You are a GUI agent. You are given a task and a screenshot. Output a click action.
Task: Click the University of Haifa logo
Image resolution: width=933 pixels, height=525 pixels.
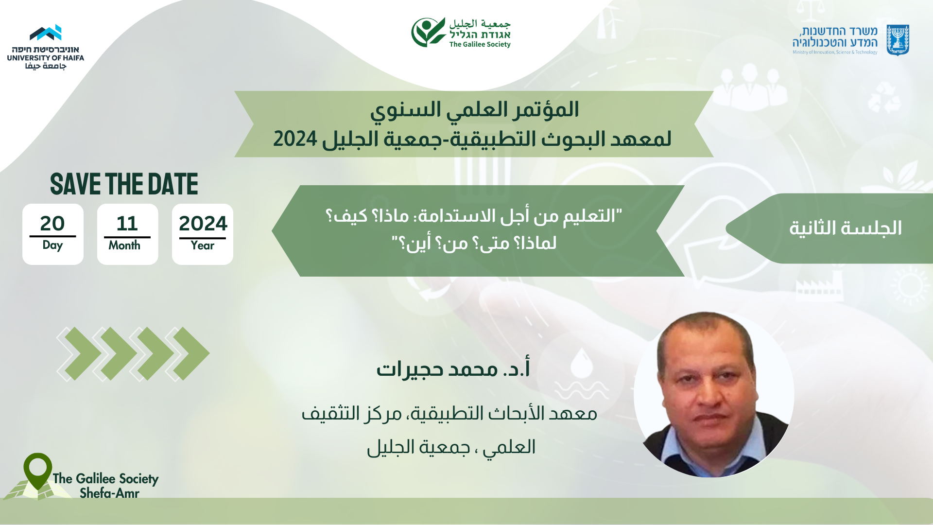point(46,47)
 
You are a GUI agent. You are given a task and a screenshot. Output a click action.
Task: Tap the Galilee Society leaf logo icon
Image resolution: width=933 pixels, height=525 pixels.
point(428,32)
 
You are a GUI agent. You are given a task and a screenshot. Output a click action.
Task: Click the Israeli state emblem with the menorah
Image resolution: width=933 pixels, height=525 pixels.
point(898,40)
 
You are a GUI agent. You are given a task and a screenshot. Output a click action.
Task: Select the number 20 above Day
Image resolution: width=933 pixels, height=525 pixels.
point(52,224)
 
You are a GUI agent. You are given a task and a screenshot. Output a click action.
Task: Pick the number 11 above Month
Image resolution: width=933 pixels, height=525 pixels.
point(127,224)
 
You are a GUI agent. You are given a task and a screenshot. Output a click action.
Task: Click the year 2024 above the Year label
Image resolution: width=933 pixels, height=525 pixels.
point(203,224)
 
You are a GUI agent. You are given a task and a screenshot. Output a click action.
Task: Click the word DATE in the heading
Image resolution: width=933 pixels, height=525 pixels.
point(173,184)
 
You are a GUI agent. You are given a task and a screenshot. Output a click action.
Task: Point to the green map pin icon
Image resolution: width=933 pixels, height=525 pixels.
point(37,471)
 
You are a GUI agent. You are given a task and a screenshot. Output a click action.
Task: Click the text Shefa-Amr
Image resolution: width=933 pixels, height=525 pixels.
point(109,493)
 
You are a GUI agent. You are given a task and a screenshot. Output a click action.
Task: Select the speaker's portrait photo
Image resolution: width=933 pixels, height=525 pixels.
point(714,394)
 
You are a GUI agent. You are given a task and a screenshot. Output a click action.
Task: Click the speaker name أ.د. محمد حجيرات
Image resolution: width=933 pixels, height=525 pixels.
point(453,368)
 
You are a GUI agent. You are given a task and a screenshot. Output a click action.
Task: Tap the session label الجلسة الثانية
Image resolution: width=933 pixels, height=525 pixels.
point(845,228)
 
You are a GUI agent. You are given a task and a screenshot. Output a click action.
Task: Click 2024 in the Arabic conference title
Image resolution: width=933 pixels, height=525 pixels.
point(295,139)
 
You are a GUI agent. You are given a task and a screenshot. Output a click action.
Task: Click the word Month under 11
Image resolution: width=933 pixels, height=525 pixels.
point(124,245)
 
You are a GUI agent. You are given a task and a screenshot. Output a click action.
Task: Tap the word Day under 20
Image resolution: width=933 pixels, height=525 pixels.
point(52,245)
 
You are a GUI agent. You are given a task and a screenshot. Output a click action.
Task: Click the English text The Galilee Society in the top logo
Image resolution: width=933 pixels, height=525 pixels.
point(480,44)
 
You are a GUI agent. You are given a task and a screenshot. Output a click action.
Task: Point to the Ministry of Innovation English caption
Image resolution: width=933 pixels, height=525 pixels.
point(835,52)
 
